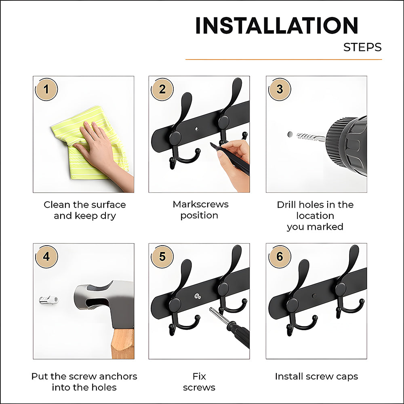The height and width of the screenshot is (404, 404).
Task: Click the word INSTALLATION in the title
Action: coord(277,25)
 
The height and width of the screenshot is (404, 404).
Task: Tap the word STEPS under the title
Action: coord(362,47)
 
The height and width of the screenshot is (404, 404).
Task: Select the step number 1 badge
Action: coord(46,89)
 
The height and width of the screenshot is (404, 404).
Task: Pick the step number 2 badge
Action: coord(162,89)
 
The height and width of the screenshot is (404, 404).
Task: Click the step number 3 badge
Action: coord(280,89)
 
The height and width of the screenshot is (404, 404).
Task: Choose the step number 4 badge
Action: coord(46,257)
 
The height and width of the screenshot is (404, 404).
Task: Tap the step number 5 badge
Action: coord(162,257)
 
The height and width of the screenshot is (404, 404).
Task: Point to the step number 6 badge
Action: coord(280,257)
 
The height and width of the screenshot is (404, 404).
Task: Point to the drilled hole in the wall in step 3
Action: coord(290,134)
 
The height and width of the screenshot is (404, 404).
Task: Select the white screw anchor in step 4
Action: coord(49,300)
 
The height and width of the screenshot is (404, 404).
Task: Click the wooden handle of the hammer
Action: coord(123,343)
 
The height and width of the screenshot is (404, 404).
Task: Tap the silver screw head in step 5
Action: coord(198,296)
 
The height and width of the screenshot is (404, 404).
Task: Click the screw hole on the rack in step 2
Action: coord(197,128)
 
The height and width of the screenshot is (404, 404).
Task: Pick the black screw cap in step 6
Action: coord(314,296)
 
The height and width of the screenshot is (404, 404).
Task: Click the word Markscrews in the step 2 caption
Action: coord(200,204)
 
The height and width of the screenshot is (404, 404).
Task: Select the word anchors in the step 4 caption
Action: coord(118,377)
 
